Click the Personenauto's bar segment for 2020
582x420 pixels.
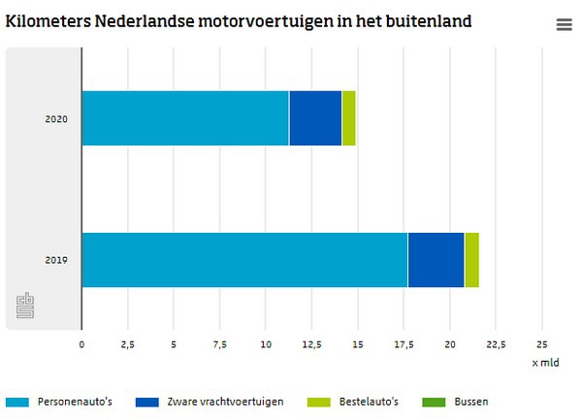pos(184,117)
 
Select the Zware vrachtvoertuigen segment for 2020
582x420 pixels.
pos(315,117)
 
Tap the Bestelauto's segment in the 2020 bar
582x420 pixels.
pos(348,117)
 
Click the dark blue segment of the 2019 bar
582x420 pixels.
pos(436,260)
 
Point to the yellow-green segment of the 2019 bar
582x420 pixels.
pos(471,260)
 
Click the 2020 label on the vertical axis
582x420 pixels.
pos(56,118)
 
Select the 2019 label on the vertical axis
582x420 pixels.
pos(56,260)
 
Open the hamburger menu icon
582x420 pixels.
pos(564,25)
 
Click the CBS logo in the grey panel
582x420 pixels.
pos(25,306)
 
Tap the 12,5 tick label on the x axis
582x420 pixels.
pos(311,344)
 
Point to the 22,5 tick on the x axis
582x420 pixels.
pos(496,344)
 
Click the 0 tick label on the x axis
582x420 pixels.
pos(81,344)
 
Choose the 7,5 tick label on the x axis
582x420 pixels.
pos(219,344)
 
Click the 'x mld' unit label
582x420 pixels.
pos(545,363)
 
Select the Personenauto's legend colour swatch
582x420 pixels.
pos(17,401)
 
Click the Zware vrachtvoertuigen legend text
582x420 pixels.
pos(226,401)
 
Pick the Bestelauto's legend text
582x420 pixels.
pos(367,401)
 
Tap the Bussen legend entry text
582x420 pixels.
pos(471,401)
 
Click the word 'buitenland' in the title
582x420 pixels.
pos(425,20)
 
